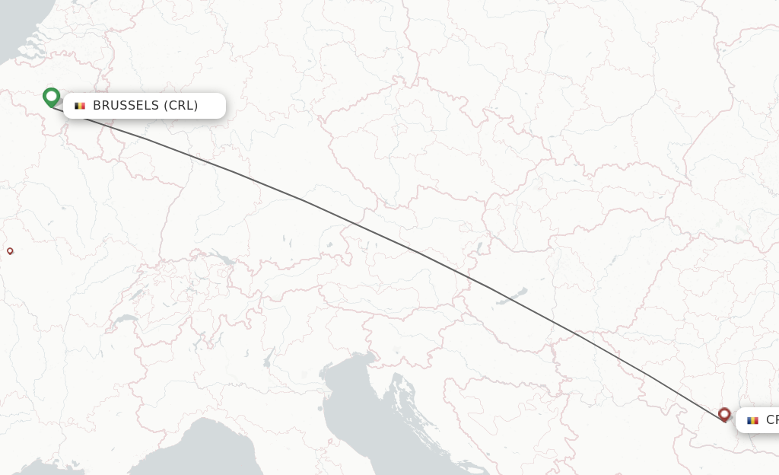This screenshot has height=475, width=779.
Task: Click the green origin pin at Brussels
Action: [x=51, y=97]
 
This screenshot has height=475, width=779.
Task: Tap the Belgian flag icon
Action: [x=80, y=106]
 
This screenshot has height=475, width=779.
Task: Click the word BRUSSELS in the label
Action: [x=126, y=106]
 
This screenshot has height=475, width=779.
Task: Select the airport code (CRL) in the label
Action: [x=181, y=106]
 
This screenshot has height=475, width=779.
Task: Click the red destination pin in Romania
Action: [x=724, y=414]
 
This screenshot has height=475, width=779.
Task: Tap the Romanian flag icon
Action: [x=753, y=420]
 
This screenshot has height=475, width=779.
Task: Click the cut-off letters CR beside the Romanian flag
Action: [x=771, y=420]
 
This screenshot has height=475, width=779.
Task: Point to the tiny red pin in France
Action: [x=10, y=250]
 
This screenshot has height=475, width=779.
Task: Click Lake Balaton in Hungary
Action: [x=511, y=296]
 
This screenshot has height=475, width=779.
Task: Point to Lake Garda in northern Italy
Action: [x=267, y=357]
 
